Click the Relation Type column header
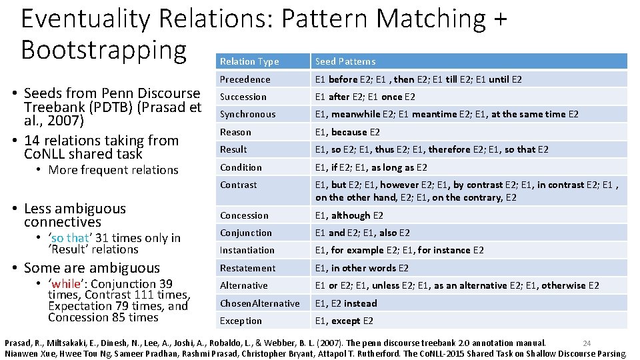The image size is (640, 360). coord(249,61)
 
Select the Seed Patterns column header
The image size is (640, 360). coord(345,61)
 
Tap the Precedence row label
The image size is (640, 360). coord(245,79)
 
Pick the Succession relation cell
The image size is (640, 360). coord(243,97)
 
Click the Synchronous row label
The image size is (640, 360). coord(247,114)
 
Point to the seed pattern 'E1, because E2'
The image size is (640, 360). coord(347,132)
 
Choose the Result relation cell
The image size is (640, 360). coord(233,149)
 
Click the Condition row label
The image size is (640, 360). coord(241,167)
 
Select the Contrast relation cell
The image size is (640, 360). coord(238,185)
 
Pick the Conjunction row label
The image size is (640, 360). coord(246,233)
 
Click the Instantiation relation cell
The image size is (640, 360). coord(247,250)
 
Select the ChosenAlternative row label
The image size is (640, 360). coord(259,303)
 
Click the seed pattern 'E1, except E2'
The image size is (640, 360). coord(344,321)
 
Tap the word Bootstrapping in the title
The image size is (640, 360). coord(103,49)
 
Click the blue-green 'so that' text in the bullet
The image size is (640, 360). coord(69,238)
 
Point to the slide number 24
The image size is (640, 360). coord(587,343)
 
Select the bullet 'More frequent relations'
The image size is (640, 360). coord(113,170)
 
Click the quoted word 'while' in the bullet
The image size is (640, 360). coord(67,284)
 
